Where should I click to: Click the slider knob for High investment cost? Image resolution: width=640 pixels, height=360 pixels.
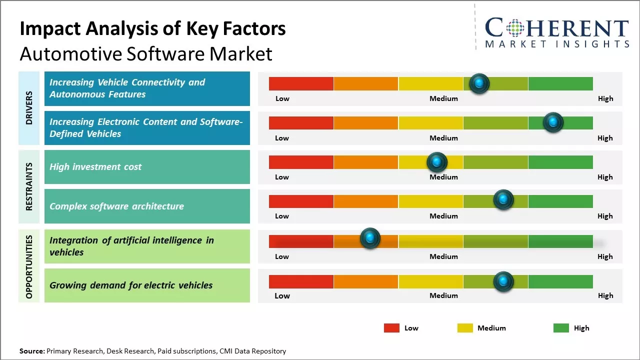[436, 162]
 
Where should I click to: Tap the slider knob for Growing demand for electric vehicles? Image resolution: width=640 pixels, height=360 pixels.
[503, 281]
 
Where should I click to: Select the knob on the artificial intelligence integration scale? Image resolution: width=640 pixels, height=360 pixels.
[370, 238]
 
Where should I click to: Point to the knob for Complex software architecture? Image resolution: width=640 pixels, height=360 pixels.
[503, 200]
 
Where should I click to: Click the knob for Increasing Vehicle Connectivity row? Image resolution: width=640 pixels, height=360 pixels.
[479, 83]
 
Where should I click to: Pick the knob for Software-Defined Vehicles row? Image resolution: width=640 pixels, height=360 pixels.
[553, 122]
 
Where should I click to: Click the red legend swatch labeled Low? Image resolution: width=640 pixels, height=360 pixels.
[391, 328]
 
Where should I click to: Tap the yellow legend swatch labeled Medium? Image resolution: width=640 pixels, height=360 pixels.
[465, 328]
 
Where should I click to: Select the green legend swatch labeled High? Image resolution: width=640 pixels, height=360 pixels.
[561, 328]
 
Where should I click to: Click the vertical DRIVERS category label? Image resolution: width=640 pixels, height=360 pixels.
[29, 107]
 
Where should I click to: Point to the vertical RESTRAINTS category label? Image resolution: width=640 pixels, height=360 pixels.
[29, 186]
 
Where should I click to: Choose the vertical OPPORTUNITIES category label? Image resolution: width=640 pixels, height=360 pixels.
[29, 266]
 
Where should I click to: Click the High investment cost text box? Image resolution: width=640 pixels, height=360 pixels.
[147, 167]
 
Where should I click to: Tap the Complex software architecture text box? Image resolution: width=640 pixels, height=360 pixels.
[147, 206]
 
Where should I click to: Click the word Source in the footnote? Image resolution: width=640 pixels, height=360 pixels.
[32, 351]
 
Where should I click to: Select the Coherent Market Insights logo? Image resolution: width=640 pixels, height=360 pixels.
[556, 32]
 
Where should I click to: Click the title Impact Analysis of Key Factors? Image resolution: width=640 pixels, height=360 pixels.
[152, 29]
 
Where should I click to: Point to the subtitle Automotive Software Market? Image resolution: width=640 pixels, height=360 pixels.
[146, 53]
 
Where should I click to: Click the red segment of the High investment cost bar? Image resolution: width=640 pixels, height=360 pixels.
[301, 162]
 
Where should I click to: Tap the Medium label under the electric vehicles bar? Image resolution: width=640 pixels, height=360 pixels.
[443, 295]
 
